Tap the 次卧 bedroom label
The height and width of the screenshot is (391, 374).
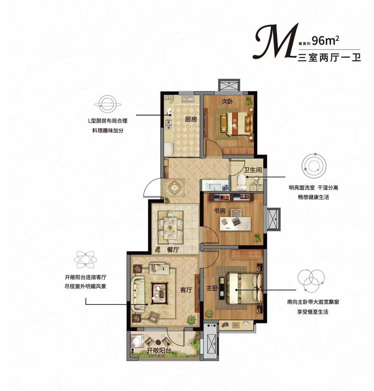pyautogui.click(x=227, y=102)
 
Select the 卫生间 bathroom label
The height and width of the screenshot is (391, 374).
pyautogui.click(x=252, y=170)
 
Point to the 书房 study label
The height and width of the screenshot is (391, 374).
pyautogui.click(x=220, y=211)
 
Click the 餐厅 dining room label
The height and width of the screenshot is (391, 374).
pyautogui.click(x=173, y=250)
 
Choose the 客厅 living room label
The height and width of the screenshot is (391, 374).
pyautogui.click(x=186, y=290)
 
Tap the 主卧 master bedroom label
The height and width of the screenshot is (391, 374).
pyautogui.click(x=212, y=288)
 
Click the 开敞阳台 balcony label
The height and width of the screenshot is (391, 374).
pyautogui.click(x=159, y=350)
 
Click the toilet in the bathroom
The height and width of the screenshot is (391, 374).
pyautogui.click(x=241, y=182)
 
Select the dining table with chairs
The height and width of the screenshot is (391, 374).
pyautogui.click(x=171, y=227)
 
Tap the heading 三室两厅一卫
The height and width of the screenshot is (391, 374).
pyautogui.click(x=329, y=58)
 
